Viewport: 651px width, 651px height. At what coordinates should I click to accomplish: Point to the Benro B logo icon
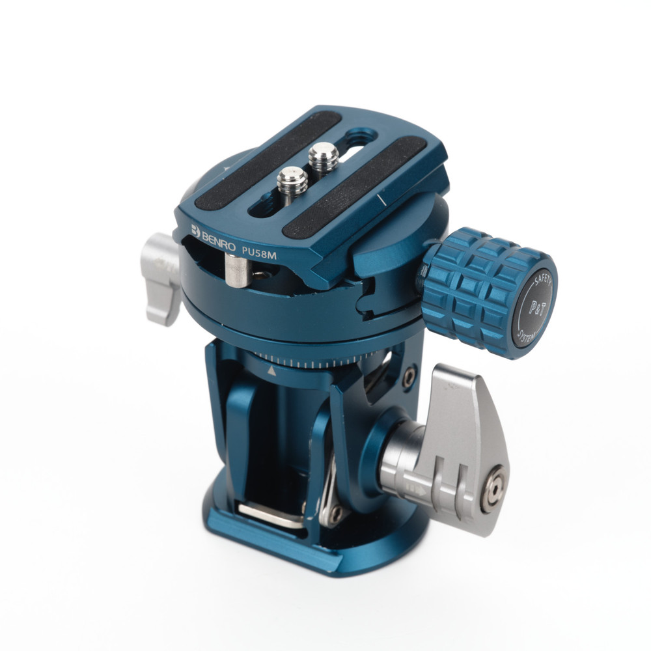pos(195,230)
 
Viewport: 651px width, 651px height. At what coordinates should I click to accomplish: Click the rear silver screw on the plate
pos(324,156)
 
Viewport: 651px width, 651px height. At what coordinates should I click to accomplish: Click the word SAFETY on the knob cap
pos(543,281)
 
